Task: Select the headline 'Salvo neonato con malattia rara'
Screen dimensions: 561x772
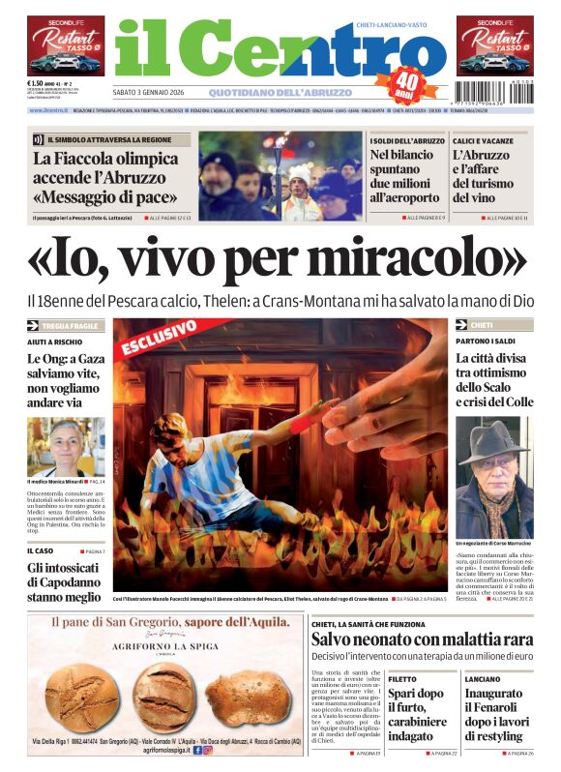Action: click(422, 639)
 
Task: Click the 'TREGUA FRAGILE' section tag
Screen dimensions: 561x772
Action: click(70, 326)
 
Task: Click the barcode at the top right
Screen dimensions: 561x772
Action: click(512, 97)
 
